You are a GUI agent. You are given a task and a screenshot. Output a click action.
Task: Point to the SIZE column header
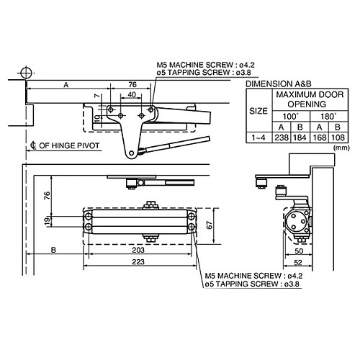coord(258,112)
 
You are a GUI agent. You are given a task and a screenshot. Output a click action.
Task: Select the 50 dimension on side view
coord(298,251)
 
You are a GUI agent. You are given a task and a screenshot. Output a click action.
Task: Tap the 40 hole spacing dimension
coord(131,94)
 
